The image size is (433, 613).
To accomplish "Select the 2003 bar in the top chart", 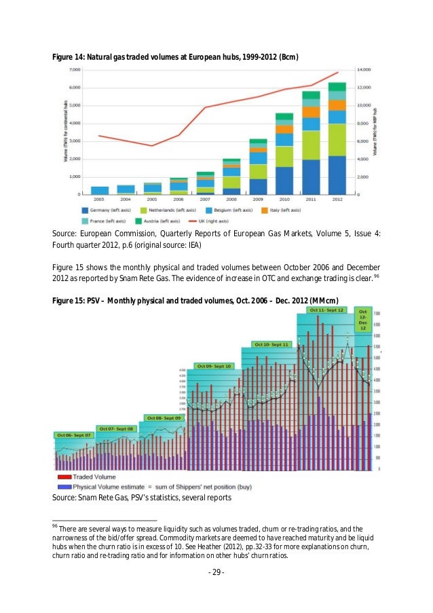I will [x=100, y=190].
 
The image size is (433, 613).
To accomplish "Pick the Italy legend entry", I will [x=312, y=210].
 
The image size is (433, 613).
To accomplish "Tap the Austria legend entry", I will [x=157, y=221].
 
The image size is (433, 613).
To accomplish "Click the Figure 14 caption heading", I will [x=175, y=54].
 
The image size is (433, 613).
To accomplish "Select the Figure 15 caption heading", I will [x=195, y=301].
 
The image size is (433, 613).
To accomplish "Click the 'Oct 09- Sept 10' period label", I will [x=214, y=366].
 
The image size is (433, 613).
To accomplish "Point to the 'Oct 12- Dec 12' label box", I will [x=363, y=319].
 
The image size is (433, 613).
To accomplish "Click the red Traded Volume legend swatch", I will [x=62, y=477].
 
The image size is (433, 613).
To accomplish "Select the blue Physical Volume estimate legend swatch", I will [x=62, y=487].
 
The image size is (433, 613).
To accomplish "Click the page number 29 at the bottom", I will [x=216, y=572].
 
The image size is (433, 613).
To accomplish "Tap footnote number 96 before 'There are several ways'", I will [x=55, y=526].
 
